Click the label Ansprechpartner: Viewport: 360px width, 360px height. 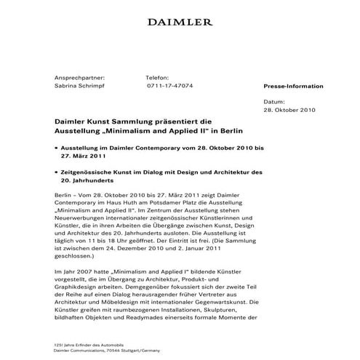tap(80, 76)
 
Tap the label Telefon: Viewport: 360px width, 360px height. tap(158, 76)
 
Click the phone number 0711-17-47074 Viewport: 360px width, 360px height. tap(170, 85)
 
